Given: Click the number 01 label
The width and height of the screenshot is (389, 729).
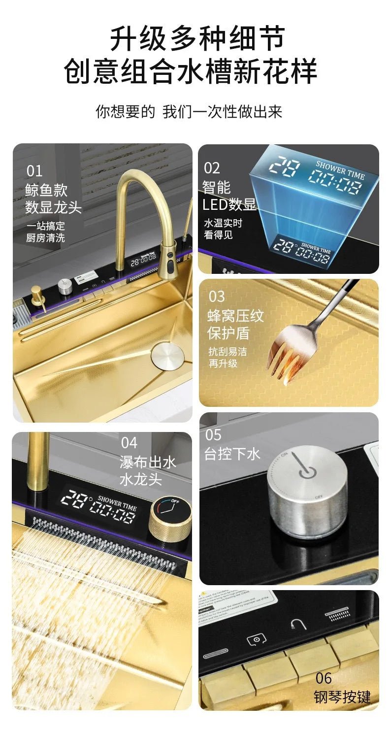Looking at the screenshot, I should tap(34, 171).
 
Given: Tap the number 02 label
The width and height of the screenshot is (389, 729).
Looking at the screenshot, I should tap(212, 168).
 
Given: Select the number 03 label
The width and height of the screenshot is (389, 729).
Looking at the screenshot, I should tap(217, 297).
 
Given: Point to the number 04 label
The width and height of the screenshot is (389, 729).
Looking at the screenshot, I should tap(129, 442).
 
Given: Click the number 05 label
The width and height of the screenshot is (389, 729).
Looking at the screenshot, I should tap(213, 435).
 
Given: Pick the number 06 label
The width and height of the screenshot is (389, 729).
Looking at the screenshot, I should tap(324, 678).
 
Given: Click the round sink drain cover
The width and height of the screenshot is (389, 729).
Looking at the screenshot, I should tap(167, 356).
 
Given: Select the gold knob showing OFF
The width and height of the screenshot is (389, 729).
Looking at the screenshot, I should tap(170, 517).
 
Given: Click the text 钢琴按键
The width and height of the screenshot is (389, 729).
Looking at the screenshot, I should tap(342, 697).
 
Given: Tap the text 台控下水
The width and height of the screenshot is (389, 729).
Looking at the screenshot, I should tap(232, 454).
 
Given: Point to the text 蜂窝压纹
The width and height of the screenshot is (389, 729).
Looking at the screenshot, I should tap(236, 316).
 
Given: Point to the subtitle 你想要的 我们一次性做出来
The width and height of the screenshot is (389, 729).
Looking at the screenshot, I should tap(189, 111).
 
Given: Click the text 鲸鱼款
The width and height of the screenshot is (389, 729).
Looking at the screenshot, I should tap(46, 190).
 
